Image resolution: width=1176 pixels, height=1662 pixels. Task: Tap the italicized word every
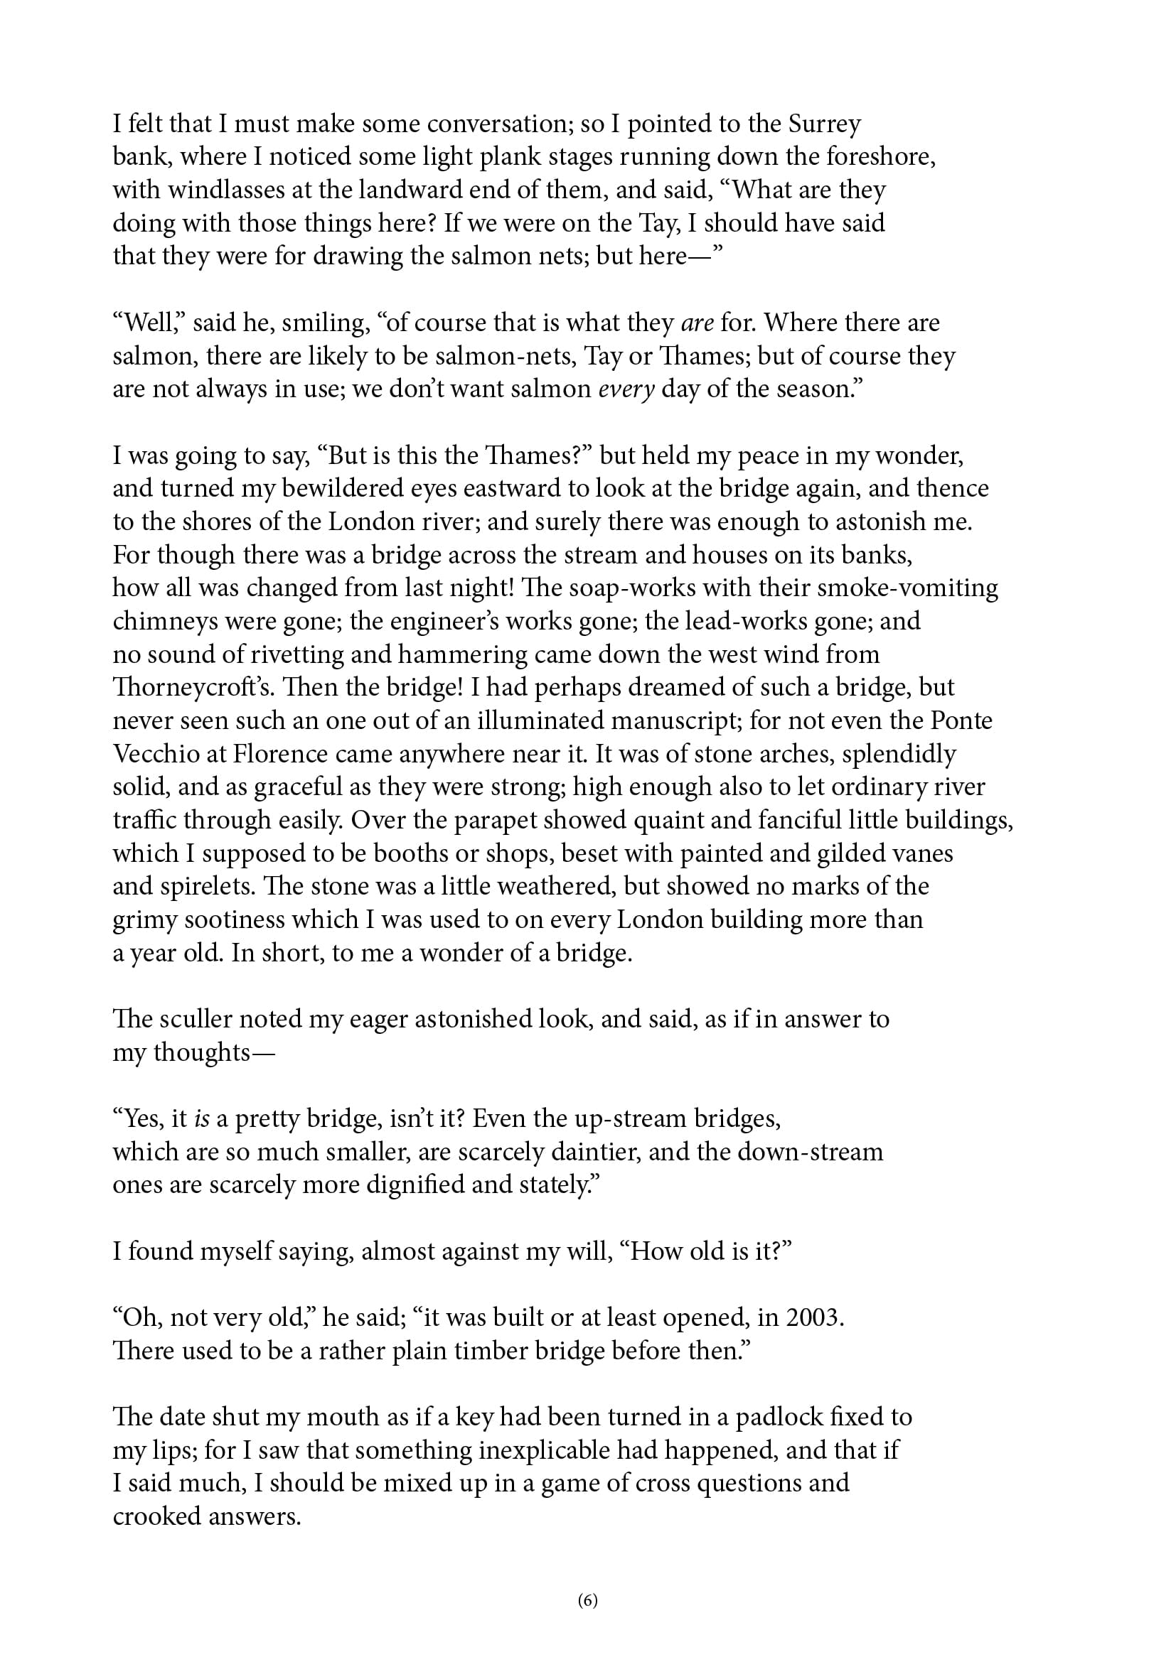[x=626, y=389]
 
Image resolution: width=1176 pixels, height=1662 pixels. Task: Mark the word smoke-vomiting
[x=907, y=588]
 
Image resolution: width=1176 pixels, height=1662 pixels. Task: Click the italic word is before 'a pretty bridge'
[x=202, y=1119]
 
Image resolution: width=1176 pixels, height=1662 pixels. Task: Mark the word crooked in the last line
[x=156, y=1517]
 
